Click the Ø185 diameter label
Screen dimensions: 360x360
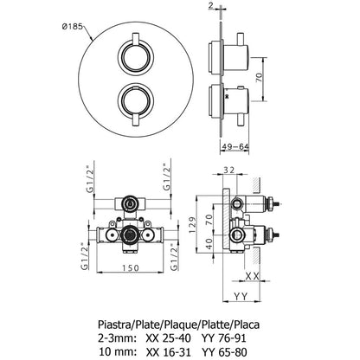(x=72, y=27)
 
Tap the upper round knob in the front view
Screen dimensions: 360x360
(x=136, y=57)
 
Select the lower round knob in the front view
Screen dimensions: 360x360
(x=136, y=101)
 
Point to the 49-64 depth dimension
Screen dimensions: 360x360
(x=235, y=147)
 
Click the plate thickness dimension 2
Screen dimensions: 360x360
(x=210, y=5)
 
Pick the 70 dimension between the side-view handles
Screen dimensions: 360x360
(x=260, y=77)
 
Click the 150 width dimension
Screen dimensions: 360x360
(x=130, y=268)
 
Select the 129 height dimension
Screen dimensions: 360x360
(x=193, y=225)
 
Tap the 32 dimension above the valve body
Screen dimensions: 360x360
(x=229, y=170)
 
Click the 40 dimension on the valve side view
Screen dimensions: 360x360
(x=209, y=244)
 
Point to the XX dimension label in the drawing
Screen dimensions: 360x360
(x=252, y=276)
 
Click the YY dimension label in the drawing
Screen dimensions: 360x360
(x=241, y=296)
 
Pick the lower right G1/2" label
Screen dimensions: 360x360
(x=174, y=257)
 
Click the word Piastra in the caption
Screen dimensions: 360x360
(x=114, y=325)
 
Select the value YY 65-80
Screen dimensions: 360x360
(x=224, y=352)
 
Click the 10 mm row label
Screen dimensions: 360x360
(x=117, y=352)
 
